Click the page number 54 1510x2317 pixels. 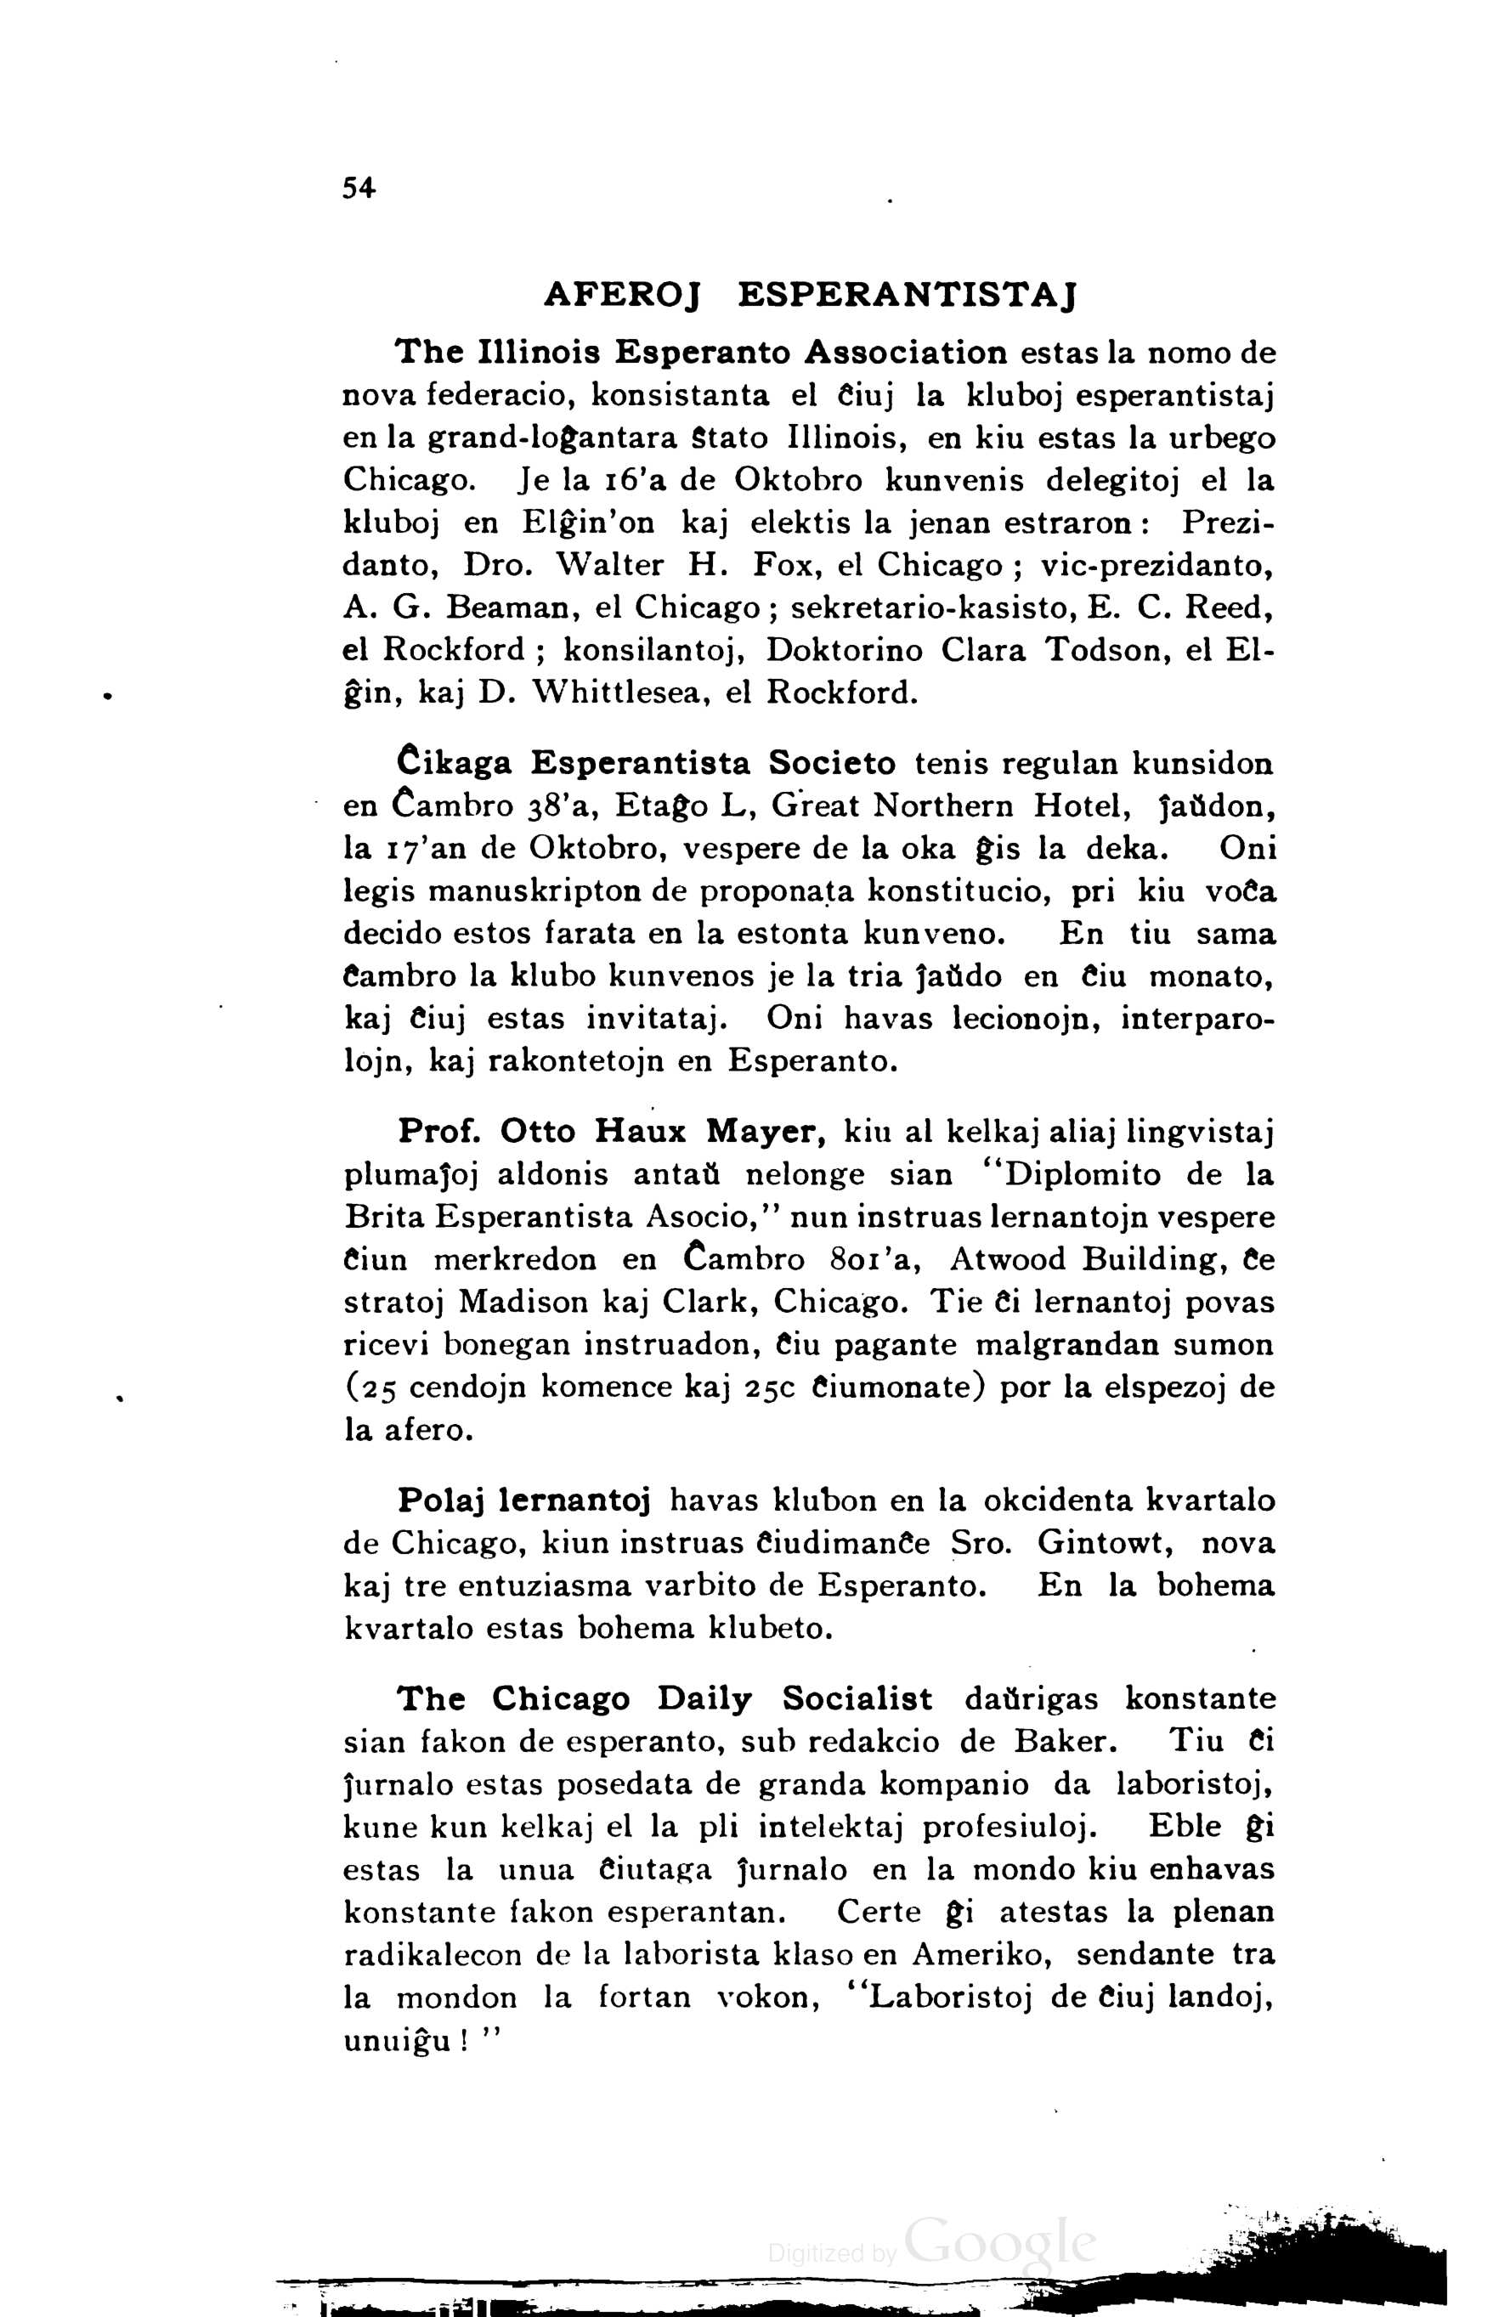(359, 189)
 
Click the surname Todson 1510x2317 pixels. (1105, 649)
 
